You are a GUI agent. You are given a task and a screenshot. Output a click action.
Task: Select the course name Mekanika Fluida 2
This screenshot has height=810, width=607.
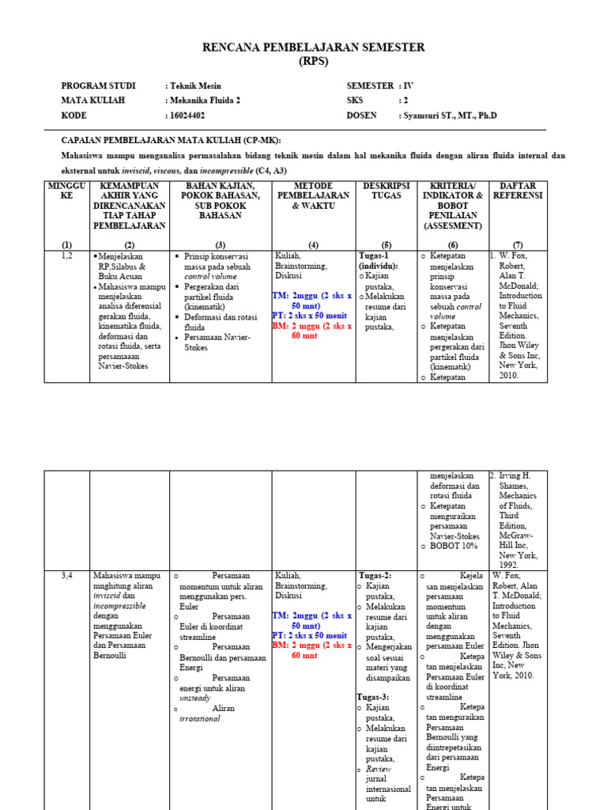[205, 100]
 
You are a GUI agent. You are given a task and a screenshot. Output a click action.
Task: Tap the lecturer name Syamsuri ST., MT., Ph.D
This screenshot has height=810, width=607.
[450, 115]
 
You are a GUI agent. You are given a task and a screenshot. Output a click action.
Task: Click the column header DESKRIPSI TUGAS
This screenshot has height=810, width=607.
[382, 191]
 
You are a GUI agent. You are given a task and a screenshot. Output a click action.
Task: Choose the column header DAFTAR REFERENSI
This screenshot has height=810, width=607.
[518, 191]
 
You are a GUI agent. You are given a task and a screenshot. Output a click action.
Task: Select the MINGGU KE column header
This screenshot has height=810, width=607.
[66, 191]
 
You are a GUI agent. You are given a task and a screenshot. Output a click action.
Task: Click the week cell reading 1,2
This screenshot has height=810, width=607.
[66, 256]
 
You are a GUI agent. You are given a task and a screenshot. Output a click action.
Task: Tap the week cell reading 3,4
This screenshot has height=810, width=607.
[66, 576]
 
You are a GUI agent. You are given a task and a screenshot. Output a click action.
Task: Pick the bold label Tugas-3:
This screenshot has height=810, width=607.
[375, 697]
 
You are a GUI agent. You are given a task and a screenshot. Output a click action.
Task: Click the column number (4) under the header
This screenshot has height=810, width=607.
[313, 244]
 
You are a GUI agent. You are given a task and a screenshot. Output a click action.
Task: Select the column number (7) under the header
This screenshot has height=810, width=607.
[518, 244]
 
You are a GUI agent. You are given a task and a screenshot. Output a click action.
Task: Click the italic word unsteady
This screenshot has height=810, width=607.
[195, 699]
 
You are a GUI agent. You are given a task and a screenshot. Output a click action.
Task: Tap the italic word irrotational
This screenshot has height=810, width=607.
[201, 719]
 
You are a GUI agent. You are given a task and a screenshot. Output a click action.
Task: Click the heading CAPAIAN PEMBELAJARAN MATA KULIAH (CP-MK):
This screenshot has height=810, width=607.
[172, 139]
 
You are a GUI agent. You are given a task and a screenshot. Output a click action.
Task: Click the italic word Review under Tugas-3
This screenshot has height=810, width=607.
[379, 769]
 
